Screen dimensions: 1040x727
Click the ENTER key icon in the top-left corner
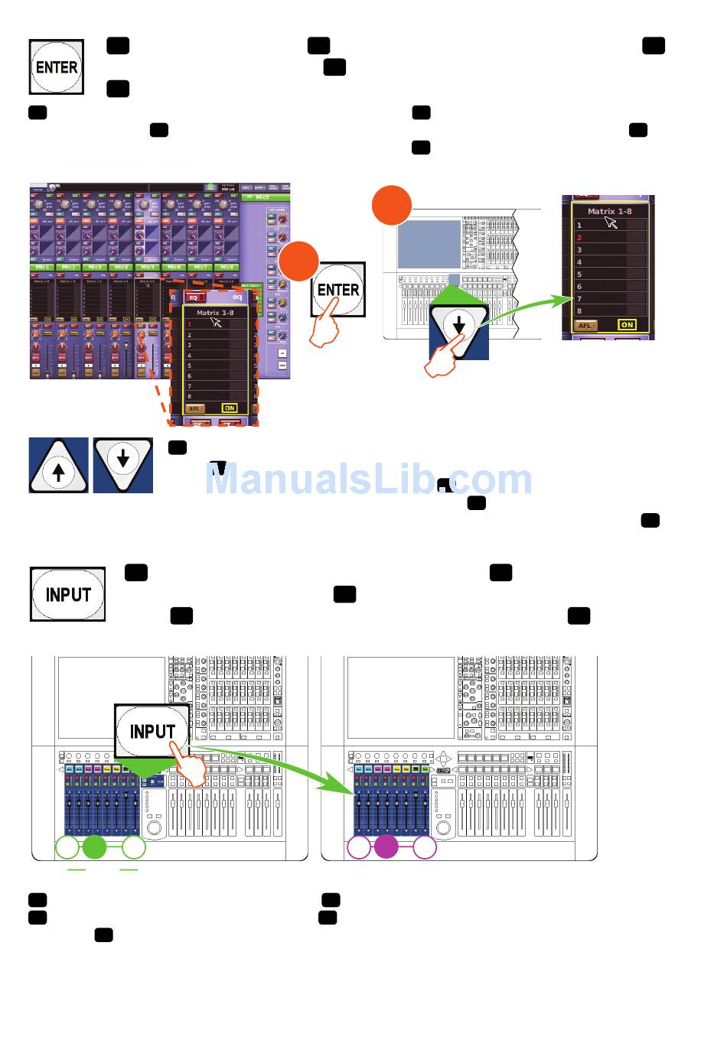point(56,67)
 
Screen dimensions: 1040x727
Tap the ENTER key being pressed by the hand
point(338,290)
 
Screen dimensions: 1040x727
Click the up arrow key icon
point(59,466)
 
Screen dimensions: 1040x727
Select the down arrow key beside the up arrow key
point(122,464)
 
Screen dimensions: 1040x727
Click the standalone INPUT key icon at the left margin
point(67,594)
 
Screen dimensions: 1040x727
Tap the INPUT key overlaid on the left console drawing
point(152,731)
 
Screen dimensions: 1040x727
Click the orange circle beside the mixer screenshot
point(298,262)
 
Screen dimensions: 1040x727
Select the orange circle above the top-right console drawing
point(392,205)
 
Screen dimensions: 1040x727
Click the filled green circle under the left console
point(94,847)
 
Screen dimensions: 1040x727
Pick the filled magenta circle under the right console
point(386,847)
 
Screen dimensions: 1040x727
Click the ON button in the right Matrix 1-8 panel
point(627,325)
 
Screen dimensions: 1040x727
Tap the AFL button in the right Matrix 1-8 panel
point(585,326)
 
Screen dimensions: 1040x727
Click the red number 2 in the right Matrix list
point(579,238)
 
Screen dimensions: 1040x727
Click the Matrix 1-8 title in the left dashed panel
point(215,313)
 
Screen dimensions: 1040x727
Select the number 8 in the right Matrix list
point(579,311)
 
